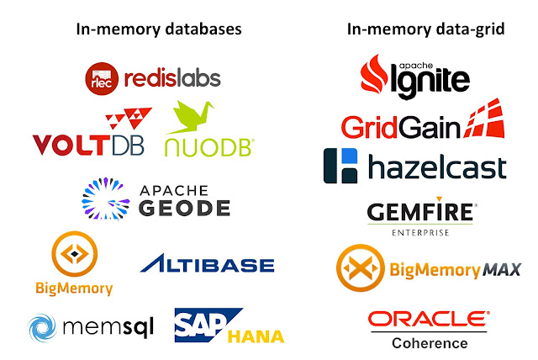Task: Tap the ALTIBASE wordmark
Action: click(207, 266)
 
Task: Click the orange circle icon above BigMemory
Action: click(74, 255)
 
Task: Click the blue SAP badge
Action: click(200, 324)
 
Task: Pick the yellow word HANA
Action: click(256, 336)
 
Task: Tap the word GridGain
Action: click(401, 127)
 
